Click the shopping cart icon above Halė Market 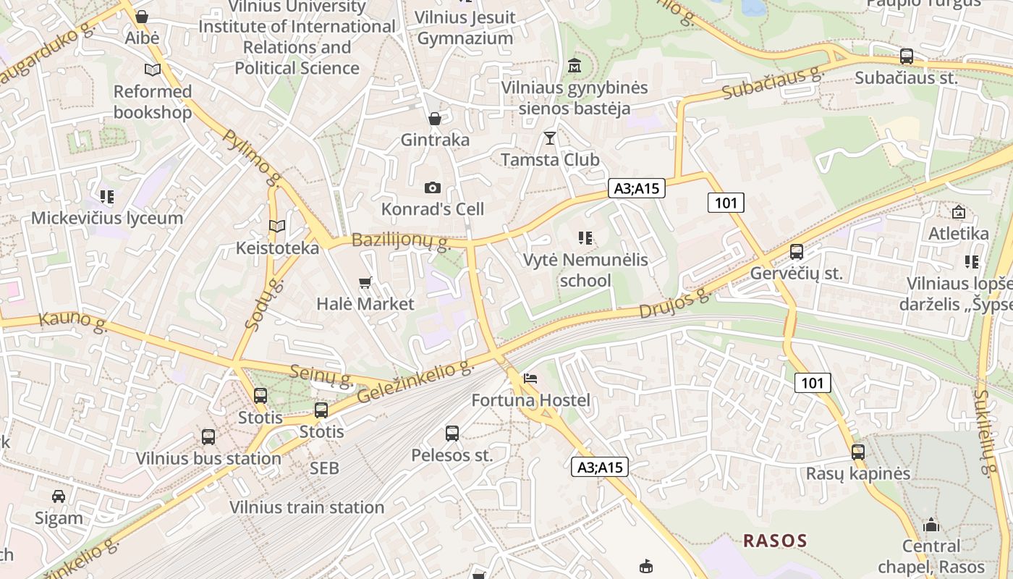coord(365,282)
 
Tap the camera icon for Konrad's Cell coord(432,188)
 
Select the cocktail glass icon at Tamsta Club coord(550,138)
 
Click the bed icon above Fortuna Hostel coord(530,379)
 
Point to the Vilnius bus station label coord(208,458)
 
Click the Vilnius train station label coord(307,507)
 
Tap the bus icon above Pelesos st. coord(452,434)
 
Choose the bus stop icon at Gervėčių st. coord(797,252)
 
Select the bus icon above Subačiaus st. coord(906,56)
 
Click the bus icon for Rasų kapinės coord(858,452)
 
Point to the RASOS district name coord(775,540)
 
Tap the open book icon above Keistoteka coord(277,226)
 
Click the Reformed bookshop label coord(153,101)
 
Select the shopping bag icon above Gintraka coord(435,118)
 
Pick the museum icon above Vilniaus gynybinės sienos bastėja coord(575,66)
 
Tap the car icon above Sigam coord(59,496)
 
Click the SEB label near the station coord(324,468)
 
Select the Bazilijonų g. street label coord(401,241)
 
